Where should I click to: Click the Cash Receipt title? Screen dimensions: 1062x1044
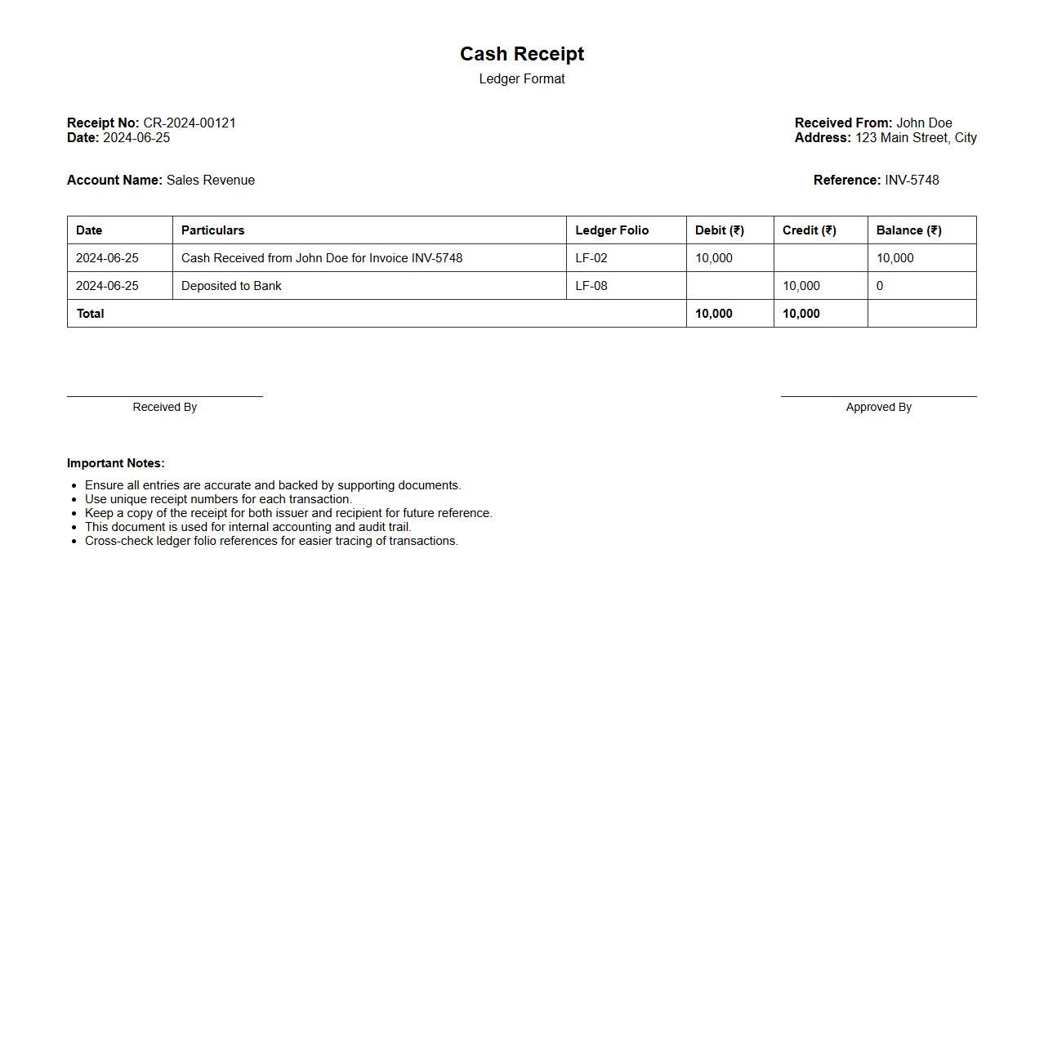coord(522,54)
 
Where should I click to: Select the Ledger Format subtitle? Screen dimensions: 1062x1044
coord(522,79)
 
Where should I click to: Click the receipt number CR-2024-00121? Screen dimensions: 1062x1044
coord(190,123)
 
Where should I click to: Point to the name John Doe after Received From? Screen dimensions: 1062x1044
coord(924,123)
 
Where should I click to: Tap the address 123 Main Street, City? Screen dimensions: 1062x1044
coord(916,138)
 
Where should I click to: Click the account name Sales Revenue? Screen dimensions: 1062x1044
coord(211,181)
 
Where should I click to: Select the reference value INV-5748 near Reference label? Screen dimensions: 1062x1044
coord(912,181)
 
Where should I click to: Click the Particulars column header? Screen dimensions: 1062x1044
coord(212,230)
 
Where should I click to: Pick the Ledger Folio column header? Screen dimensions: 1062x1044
coord(612,230)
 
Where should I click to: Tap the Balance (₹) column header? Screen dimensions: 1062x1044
coord(908,230)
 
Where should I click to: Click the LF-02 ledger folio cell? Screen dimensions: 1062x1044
coord(591,258)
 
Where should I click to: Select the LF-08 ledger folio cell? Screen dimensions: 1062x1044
coord(591,286)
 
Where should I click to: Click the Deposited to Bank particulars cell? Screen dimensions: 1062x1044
coord(231,286)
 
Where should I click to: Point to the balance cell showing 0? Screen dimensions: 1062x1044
coord(880,286)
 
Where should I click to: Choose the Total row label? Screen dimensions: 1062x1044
coord(91,314)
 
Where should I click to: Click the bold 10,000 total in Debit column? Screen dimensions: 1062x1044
coord(714,314)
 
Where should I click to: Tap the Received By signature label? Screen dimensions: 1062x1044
coord(165,407)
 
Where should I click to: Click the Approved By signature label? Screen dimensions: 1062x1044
coord(879,407)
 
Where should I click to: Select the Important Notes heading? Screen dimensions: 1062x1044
coord(116,463)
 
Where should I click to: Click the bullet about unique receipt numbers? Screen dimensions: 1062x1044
coord(218,499)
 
